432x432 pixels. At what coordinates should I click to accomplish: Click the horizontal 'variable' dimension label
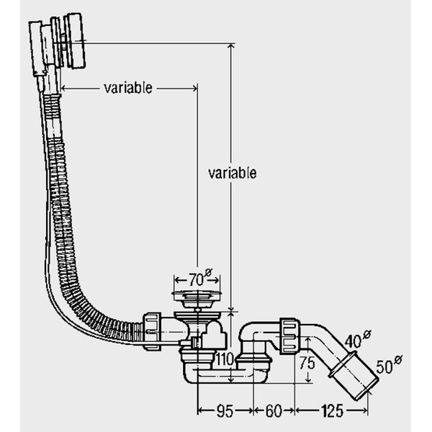click(128, 88)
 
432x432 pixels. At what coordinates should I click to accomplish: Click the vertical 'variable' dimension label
click(233, 173)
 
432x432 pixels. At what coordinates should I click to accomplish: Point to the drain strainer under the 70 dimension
click(195, 296)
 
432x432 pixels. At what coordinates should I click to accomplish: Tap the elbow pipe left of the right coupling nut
click(256, 333)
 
